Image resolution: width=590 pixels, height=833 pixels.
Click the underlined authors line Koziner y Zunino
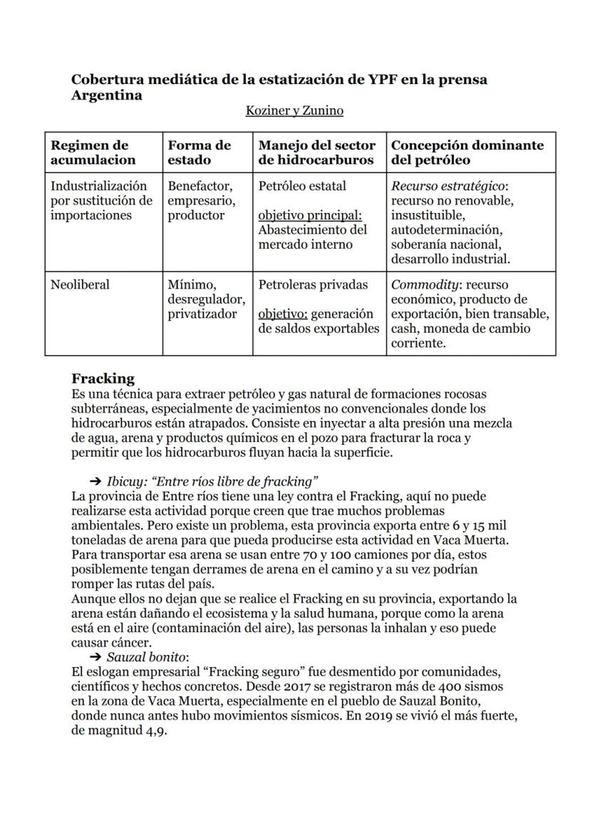coord(294,110)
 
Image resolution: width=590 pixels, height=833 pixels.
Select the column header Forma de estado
coord(200,152)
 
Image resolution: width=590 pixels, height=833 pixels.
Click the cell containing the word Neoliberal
coord(80,285)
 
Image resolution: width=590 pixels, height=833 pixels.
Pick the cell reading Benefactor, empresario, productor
coord(197,201)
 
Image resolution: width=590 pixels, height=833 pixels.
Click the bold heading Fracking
coord(103,378)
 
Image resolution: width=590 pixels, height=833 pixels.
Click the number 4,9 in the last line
coord(154,732)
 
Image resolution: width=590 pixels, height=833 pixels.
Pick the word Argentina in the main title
coord(106,95)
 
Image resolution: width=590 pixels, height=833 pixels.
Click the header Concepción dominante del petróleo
coord(467,152)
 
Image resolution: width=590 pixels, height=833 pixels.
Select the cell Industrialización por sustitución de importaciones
coord(100,201)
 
